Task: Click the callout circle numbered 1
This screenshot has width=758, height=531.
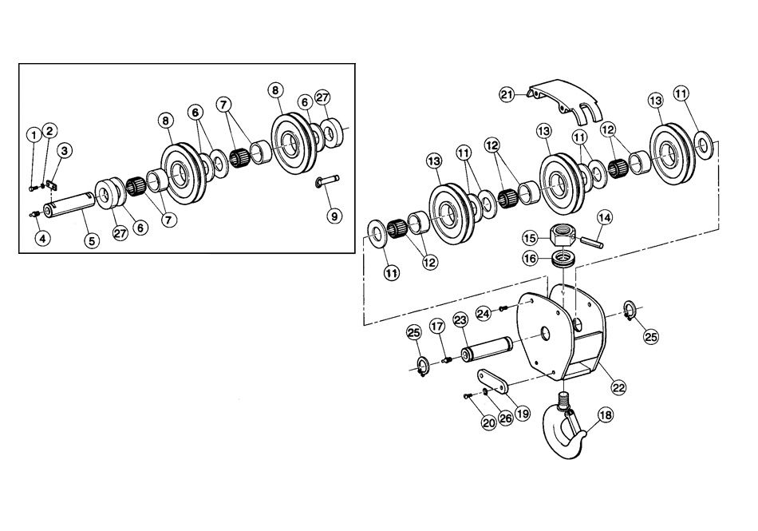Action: (x=34, y=135)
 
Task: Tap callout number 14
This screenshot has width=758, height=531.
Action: (x=604, y=217)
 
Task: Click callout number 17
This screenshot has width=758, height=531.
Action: (x=436, y=327)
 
